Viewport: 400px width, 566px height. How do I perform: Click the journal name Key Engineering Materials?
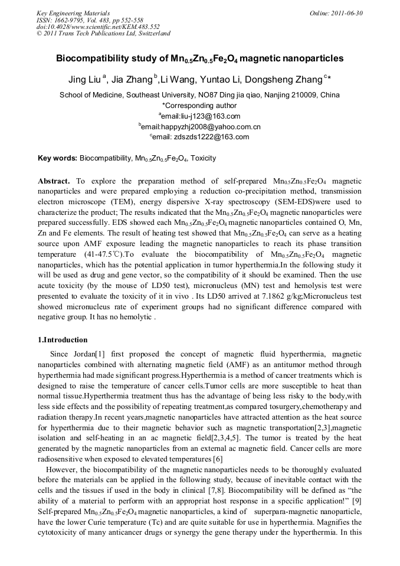73,13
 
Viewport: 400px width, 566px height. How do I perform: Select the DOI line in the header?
98,27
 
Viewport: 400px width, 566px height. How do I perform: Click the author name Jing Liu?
85,79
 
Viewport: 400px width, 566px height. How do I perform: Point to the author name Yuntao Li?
217,79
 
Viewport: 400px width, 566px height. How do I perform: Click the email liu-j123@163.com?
201,116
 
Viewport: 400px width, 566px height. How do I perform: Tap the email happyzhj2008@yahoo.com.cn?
201,126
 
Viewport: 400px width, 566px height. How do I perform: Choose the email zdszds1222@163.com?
201,137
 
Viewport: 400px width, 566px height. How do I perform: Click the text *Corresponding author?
199,106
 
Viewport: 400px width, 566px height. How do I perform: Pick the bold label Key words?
57,158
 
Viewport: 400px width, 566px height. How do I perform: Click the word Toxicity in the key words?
202,158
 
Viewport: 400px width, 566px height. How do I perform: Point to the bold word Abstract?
54,181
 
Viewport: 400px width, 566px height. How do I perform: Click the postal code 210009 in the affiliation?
306,94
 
